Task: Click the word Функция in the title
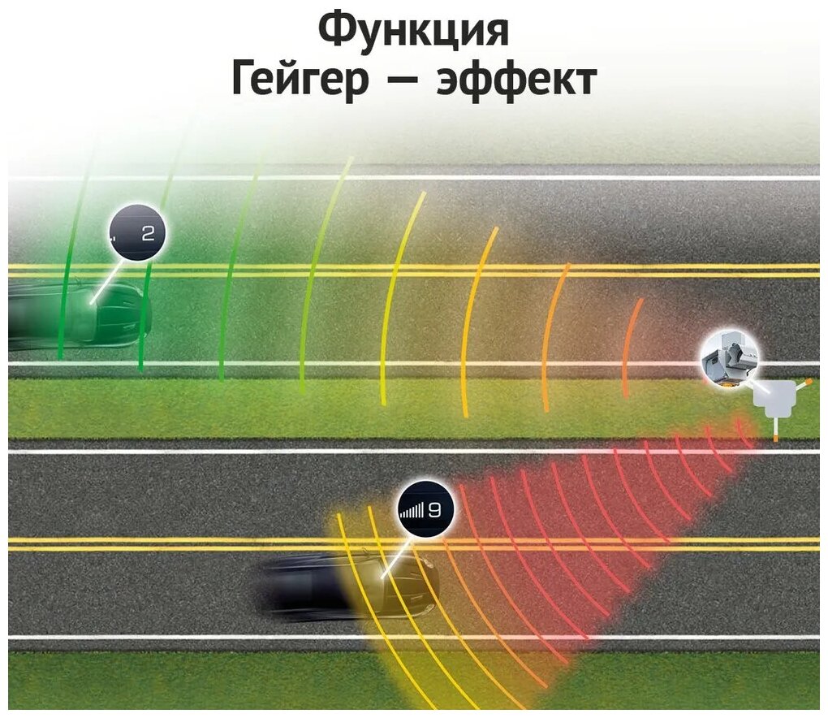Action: [413, 31]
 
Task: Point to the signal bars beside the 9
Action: [412, 511]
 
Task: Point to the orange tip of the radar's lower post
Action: [775, 438]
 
